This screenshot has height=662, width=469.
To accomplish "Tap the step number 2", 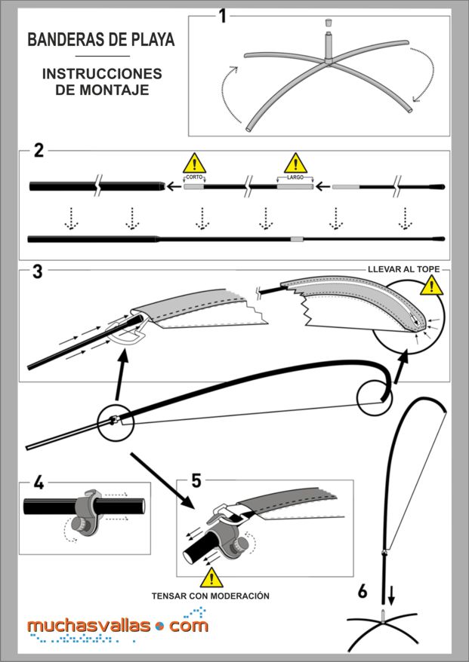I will click(39, 149).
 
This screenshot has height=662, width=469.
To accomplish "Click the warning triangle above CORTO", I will click(194, 162).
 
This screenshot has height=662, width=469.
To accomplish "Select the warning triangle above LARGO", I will click(295, 162).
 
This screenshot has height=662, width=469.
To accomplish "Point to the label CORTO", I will click(194, 177).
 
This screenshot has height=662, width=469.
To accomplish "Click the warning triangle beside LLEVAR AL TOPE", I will click(432, 284).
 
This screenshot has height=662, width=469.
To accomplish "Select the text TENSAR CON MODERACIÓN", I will click(211, 595).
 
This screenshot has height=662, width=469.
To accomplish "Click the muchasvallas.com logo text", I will click(117, 625).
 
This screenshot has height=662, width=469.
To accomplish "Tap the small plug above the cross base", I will click(329, 23).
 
